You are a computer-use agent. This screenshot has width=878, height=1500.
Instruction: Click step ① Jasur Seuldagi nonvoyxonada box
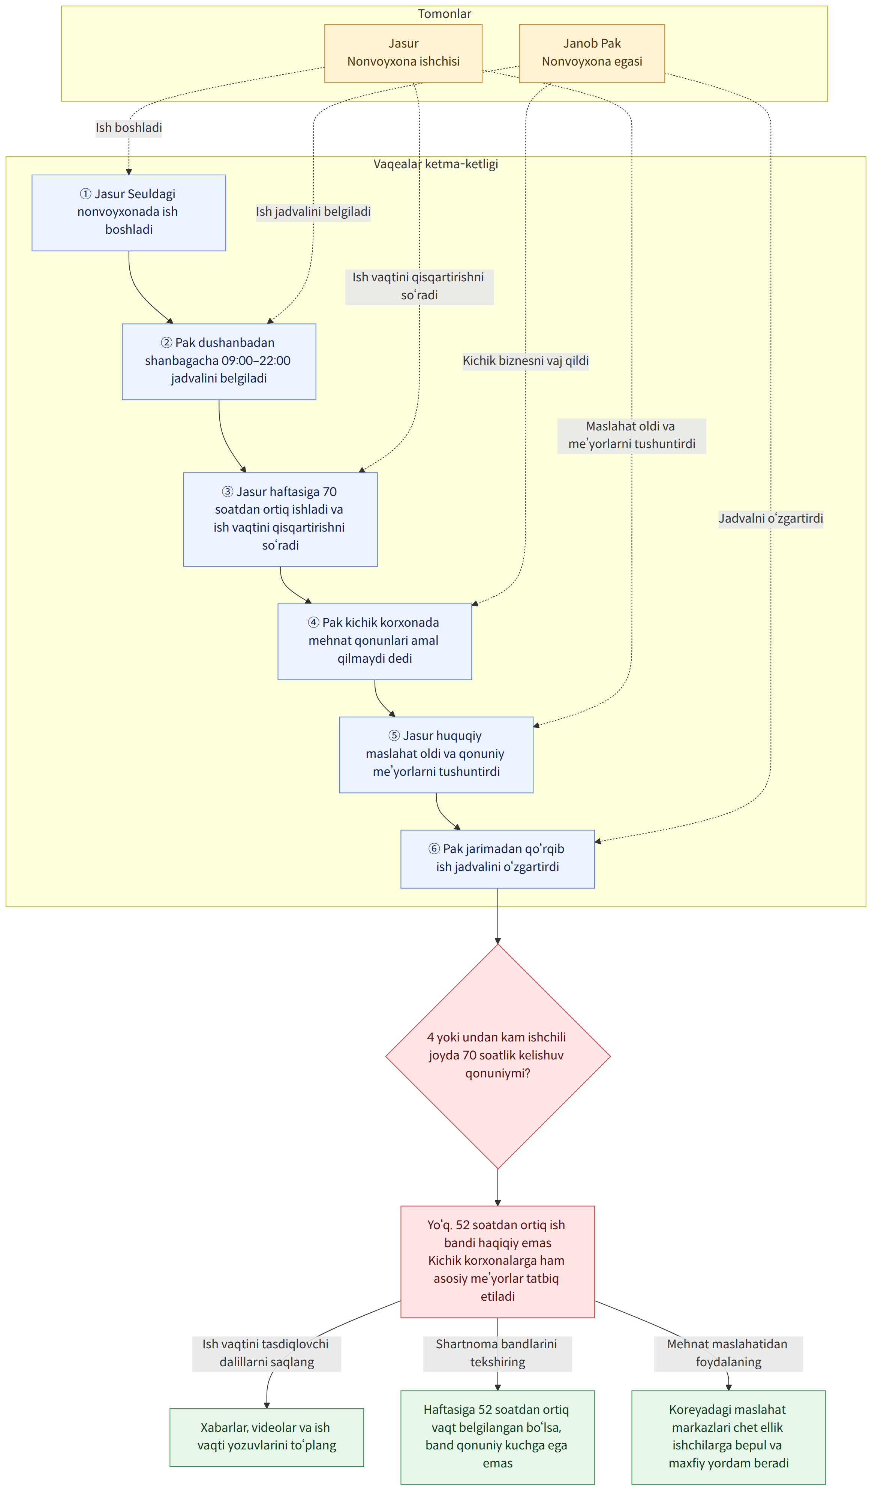(x=129, y=212)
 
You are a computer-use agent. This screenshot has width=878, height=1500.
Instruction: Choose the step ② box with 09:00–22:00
(x=219, y=361)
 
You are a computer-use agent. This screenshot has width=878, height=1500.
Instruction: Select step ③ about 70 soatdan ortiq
(x=280, y=519)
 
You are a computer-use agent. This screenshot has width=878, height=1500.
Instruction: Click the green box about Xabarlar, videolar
(x=267, y=1437)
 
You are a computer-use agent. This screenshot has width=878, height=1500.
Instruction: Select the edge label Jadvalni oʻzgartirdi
(x=771, y=518)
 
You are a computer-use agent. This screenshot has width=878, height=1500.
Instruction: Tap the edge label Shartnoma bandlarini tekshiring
(x=497, y=1353)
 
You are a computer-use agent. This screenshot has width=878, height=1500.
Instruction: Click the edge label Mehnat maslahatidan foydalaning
(x=728, y=1353)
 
